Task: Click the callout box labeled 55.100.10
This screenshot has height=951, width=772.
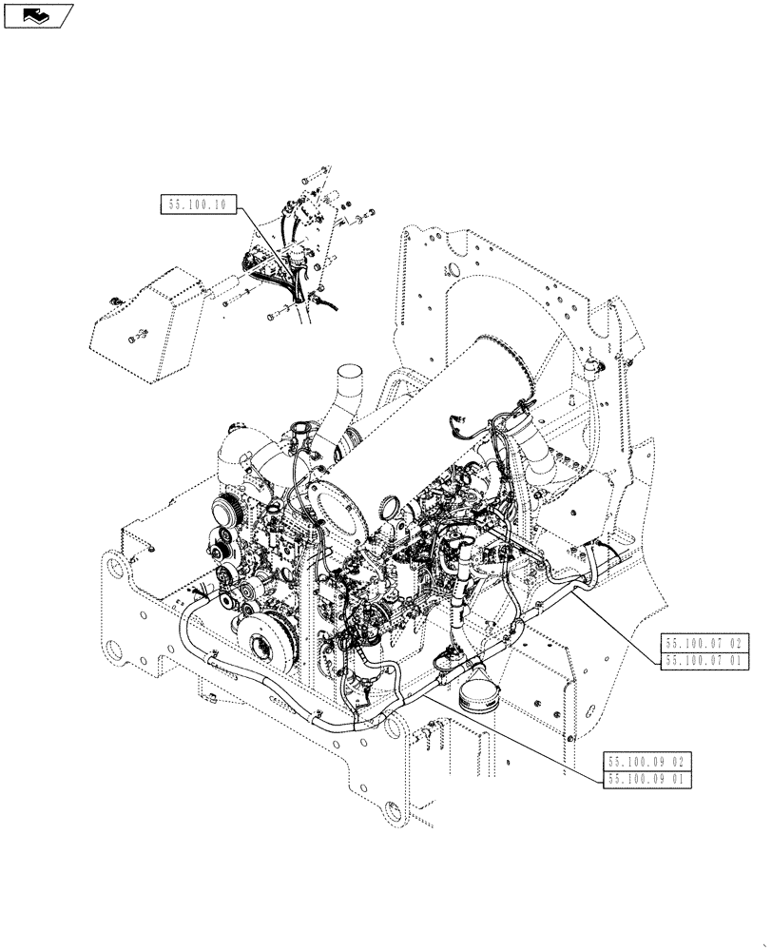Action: (x=199, y=204)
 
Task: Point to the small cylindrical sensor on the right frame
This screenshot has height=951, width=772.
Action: (x=596, y=365)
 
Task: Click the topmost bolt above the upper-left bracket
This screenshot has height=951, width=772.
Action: (x=320, y=171)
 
